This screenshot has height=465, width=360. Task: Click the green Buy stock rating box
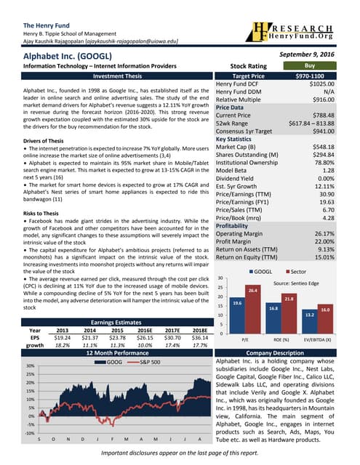[319, 65]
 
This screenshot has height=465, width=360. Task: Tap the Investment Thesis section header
[106, 76]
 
